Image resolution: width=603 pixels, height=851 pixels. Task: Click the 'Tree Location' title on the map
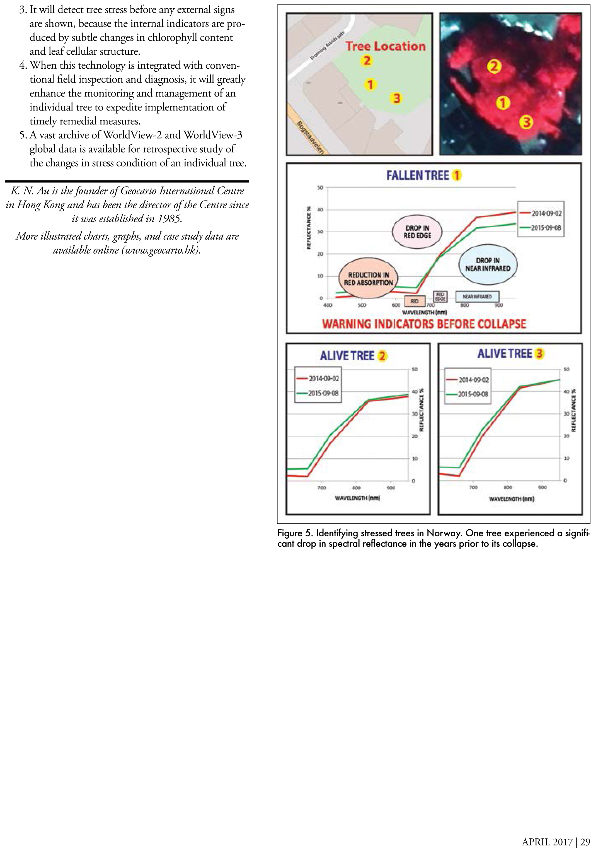point(386,46)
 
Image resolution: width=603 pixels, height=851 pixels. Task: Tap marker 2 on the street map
point(367,61)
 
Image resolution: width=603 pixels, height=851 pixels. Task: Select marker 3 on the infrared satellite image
point(526,122)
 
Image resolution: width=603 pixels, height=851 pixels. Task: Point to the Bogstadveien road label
point(310,138)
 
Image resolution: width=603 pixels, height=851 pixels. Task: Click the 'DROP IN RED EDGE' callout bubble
point(417,232)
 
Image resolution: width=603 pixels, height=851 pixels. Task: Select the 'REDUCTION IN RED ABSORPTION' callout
point(368,279)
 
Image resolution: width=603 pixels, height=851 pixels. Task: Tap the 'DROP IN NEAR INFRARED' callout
point(488,264)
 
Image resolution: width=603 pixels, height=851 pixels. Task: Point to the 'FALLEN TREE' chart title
point(418,175)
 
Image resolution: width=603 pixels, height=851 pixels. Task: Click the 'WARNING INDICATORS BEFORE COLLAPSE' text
point(424,324)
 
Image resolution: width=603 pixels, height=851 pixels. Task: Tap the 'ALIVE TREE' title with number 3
point(505,354)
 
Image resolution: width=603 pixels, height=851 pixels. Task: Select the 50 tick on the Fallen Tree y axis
point(320,188)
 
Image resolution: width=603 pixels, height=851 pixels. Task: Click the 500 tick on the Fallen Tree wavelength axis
point(362,305)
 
